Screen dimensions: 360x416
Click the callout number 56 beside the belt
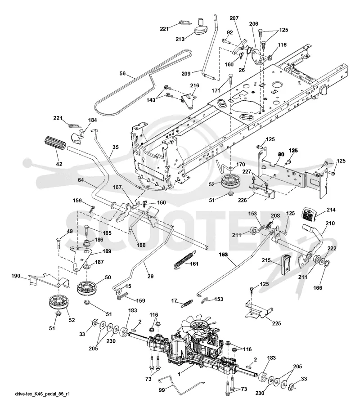(x=122, y=73)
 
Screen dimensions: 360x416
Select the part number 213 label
(x=180, y=39)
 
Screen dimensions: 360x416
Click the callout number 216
(x=194, y=85)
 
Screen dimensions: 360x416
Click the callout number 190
(x=16, y=276)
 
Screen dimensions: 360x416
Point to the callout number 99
(x=162, y=390)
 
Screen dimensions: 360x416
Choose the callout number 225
(x=276, y=323)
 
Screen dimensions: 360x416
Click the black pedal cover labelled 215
(x=286, y=264)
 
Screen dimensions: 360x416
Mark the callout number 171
(x=216, y=91)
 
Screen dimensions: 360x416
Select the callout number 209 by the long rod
(x=186, y=73)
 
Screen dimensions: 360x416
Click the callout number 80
(x=281, y=154)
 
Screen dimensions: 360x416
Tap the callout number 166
(x=318, y=287)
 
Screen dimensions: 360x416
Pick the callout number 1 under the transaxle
(x=179, y=374)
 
